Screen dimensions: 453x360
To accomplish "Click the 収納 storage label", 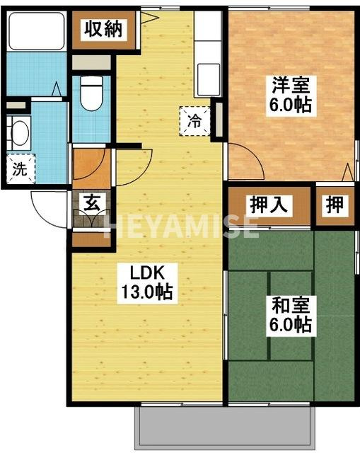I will coord(103,30).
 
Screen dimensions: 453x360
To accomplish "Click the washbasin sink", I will coord(20,133).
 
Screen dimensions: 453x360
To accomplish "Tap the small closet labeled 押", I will coord(335,205).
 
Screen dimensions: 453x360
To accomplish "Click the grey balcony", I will coord(223,426).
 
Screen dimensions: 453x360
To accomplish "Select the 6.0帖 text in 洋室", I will coord(290,106).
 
